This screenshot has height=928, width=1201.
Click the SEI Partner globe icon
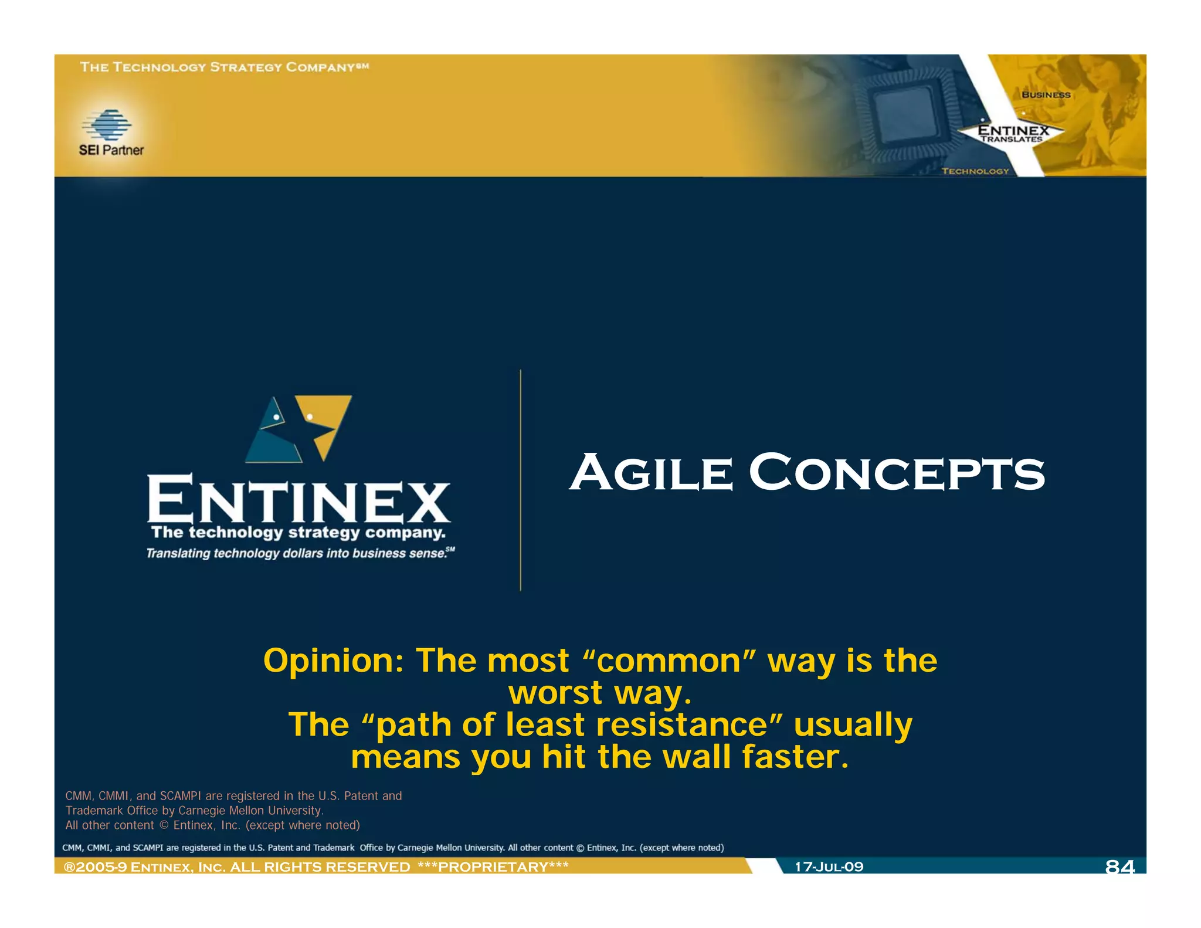pos(107,124)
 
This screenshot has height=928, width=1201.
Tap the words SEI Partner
pos(111,150)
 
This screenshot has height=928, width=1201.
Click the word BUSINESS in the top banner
pos(1046,94)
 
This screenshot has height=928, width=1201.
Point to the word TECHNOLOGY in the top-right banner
pos(975,171)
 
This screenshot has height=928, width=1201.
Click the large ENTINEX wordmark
pos(298,499)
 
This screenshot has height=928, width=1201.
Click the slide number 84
pos(1119,866)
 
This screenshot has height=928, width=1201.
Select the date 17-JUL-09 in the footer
pos(829,866)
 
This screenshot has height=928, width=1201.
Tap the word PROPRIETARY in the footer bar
pos(493,867)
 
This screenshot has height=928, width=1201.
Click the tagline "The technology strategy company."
pos(298,533)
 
